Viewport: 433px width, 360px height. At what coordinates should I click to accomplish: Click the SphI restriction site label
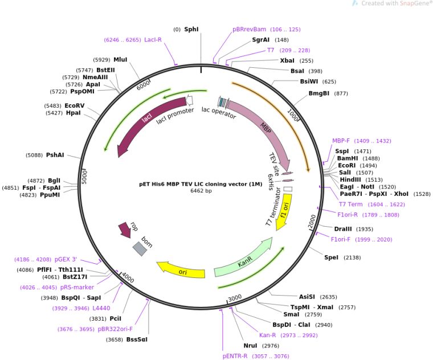191,29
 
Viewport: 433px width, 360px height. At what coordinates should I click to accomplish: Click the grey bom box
140,248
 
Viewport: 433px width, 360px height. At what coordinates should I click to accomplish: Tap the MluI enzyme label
120,59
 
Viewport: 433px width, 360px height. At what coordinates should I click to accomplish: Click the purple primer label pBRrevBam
249,29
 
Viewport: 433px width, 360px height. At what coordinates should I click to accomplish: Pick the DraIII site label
345,228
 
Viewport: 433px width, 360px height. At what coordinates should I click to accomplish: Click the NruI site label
251,345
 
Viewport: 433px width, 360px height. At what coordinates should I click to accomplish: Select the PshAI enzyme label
55,155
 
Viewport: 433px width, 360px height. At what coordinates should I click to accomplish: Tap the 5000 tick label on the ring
85,176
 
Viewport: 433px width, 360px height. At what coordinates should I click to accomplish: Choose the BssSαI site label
137,339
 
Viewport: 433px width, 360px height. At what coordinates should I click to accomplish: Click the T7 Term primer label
351,204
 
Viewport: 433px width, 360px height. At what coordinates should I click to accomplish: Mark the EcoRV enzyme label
74,105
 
